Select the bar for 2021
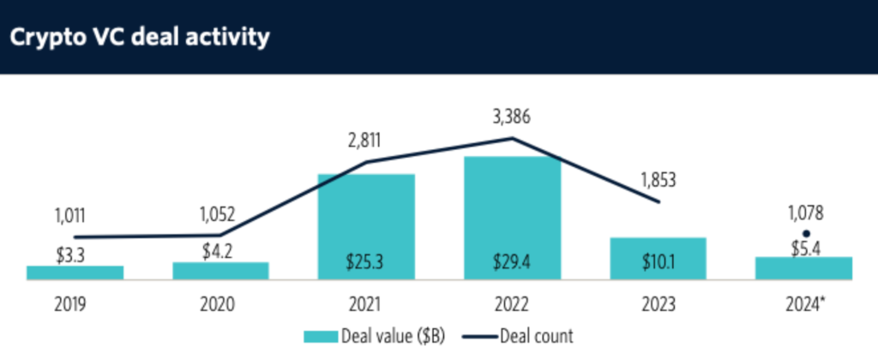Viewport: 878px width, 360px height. pos(366,226)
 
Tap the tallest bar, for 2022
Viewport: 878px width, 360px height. pos(512,218)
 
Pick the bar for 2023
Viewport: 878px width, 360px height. pos(658,258)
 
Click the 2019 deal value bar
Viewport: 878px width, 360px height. pos(75,273)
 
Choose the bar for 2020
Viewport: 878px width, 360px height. pos(220,271)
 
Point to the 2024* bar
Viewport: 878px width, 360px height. pos(803,268)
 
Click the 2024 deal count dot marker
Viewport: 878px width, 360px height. pos(805,233)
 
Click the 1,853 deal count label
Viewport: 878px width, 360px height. pos(658,180)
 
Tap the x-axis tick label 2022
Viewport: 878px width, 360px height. pos(512,304)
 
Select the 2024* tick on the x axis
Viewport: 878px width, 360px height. pos(805,304)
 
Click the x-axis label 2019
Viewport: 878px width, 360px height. pos(75,304)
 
